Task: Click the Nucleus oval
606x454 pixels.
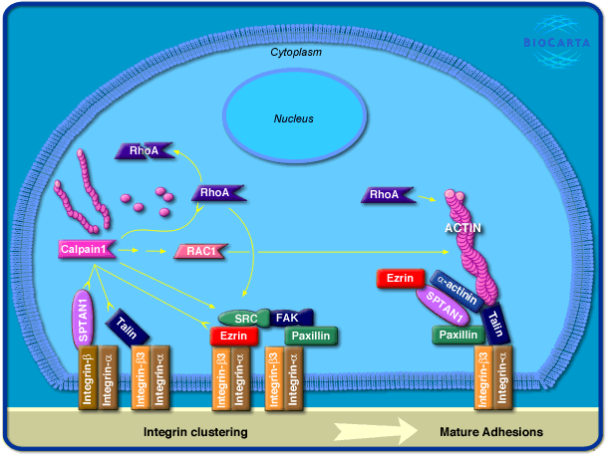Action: point(294,118)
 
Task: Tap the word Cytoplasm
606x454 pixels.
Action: point(296,51)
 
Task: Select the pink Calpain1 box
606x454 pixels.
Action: point(85,250)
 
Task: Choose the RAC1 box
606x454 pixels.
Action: point(199,252)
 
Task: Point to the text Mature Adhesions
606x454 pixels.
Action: point(490,433)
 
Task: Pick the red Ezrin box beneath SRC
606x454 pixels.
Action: point(234,337)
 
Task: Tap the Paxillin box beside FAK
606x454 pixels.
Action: point(311,337)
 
